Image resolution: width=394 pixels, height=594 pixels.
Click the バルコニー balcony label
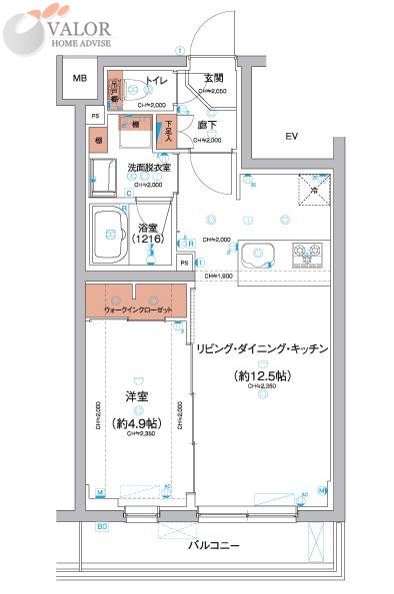pos(209,545)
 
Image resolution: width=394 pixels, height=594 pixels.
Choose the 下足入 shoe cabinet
pos(169,131)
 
